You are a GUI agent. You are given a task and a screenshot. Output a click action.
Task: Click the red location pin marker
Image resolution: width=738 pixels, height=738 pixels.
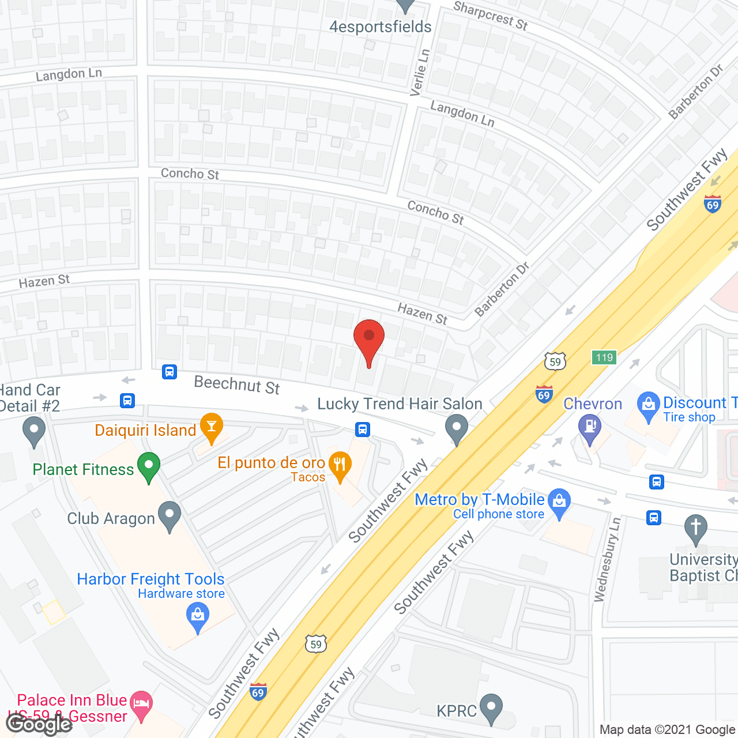[369, 337]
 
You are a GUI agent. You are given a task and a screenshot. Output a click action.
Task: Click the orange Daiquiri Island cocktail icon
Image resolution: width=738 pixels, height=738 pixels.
[212, 427]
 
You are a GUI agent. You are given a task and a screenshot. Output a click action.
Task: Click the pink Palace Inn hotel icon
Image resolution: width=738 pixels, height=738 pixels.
[142, 703]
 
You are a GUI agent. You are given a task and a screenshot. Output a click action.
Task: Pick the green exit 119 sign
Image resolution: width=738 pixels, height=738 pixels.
[604, 357]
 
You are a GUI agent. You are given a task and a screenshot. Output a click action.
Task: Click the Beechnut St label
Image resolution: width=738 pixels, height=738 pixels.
[237, 384]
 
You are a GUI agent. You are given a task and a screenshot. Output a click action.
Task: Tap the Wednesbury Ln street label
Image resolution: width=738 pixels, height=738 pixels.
[607, 559]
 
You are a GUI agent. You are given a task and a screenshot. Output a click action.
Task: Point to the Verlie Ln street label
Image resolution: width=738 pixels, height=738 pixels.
[420, 72]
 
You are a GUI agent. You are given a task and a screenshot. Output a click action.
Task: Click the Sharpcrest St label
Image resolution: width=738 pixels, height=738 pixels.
[490, 16]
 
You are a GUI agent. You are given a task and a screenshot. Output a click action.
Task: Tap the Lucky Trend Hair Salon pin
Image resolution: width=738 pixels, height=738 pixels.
[457, 428]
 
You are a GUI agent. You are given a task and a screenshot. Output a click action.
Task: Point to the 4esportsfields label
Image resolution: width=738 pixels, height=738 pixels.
[380, 27]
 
